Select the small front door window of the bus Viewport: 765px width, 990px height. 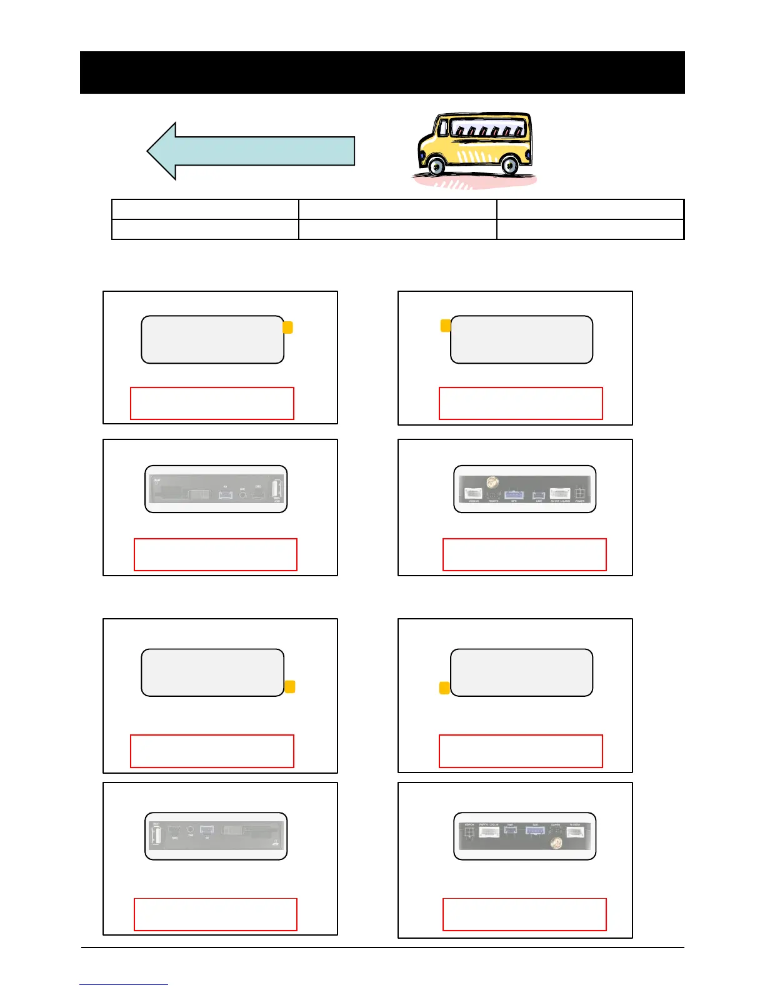[443, 127]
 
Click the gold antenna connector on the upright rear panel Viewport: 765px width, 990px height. [492, 482]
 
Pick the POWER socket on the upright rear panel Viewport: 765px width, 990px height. [580, 493]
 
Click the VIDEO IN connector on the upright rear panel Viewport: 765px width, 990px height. [473, 493]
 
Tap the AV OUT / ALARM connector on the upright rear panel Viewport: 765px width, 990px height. [559, 493]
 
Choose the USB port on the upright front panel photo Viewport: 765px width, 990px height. [277, 489]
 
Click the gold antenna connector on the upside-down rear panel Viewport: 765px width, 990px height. [554, 844]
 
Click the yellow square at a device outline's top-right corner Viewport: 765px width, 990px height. [287, 327]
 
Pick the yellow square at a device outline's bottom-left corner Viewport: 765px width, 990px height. [445, 688]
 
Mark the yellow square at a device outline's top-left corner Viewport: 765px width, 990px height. [446, 326]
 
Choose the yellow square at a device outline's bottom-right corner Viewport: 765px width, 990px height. [289, 687]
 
